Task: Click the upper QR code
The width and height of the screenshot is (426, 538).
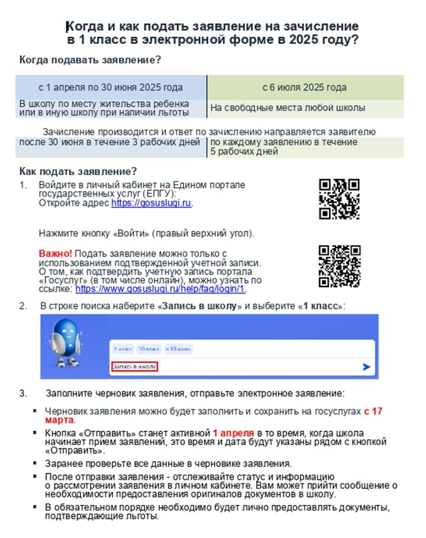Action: [339, 199]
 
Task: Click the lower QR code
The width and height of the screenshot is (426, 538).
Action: [339, 266]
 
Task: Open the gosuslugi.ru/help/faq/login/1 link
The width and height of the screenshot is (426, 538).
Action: [160, 289]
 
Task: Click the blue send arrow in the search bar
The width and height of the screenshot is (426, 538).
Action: [366, 368]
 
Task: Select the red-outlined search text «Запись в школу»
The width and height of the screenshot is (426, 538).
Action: [135, 368]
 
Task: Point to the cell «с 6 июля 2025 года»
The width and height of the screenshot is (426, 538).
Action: [305, 88]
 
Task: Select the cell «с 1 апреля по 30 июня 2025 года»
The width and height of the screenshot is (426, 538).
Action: [111, 88]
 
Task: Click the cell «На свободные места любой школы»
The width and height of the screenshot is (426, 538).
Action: [288, 108]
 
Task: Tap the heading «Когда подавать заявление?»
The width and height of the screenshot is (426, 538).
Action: [90, 60]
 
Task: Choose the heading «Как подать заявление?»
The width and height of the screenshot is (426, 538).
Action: [78, 172]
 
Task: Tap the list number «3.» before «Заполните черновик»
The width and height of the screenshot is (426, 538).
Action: [23, 393]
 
